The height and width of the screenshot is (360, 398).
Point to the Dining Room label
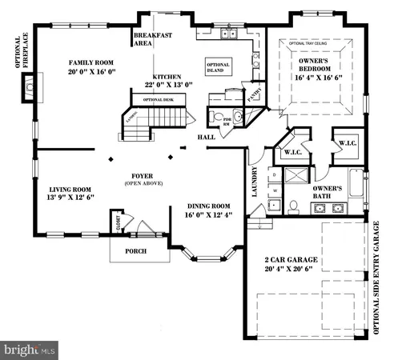click(x=207, y=205)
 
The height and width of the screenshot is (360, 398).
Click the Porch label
click(x=135, y=250)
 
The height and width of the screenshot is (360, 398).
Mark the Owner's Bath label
click(x=328, y=193)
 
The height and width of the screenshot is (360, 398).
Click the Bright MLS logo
click(x=30, y=350)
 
